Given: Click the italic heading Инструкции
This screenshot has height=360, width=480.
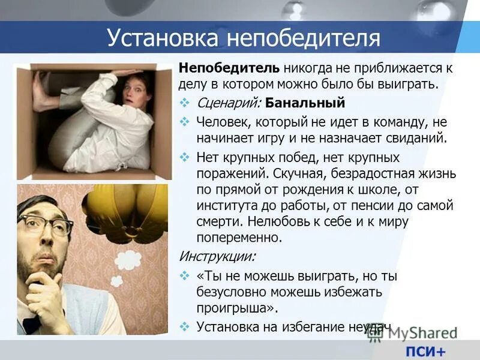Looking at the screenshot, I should point(217,256).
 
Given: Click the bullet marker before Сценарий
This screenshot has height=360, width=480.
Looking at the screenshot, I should point(185,103).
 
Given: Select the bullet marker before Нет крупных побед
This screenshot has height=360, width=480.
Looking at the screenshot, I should point(185,158).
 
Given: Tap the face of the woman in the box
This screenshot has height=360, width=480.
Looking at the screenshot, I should point(135,90).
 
